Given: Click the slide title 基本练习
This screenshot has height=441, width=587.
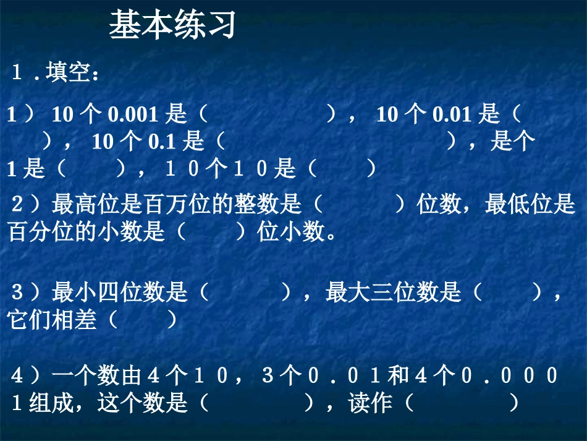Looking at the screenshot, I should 172,26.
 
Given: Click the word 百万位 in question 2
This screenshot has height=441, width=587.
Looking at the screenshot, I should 164,204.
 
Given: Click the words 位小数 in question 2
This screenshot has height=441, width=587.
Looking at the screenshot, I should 291,233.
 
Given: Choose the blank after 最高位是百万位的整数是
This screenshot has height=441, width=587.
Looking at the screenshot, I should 359,204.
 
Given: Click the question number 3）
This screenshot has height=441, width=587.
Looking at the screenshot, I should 25,293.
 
